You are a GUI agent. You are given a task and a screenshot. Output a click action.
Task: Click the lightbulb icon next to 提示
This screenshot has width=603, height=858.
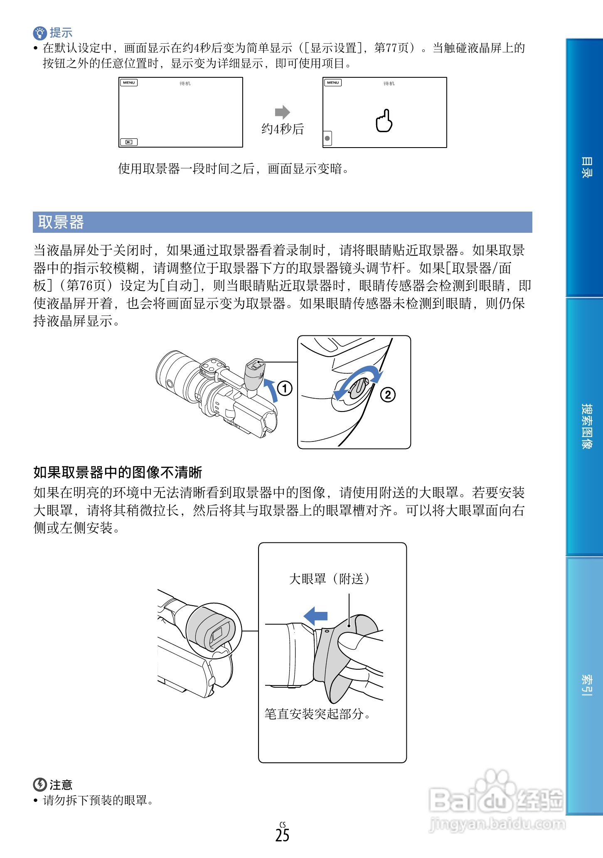coord(39,33)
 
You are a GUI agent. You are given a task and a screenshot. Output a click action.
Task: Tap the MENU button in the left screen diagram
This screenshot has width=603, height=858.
coord(129,83)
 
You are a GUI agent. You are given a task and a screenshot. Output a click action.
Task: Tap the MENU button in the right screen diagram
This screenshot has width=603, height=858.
coord(333,83)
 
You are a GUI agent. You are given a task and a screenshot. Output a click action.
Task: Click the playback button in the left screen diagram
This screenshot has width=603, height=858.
coord(129,142)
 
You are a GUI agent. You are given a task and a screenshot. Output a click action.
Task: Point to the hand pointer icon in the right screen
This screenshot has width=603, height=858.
coord(384,121)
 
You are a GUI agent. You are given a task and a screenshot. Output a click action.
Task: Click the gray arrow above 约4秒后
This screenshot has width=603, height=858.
coord(282,112)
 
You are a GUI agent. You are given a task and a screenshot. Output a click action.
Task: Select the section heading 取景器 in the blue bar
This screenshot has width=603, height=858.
coord(61,222)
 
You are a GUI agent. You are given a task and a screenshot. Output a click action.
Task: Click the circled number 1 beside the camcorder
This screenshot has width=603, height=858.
coord(285,389)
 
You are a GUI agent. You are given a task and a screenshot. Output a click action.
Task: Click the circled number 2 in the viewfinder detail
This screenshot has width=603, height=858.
coord(388,394)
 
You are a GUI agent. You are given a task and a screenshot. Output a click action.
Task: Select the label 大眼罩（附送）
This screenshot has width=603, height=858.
coord(329,579)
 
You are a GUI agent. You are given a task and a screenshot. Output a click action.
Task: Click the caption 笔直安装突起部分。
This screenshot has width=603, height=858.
coord(317,714)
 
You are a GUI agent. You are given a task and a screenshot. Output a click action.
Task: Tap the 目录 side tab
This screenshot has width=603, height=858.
coord(586,168)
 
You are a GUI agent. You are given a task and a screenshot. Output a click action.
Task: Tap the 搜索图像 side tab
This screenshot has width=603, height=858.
coord(586,426)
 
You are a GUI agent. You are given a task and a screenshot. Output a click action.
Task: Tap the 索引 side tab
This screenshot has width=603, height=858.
coord(586,685)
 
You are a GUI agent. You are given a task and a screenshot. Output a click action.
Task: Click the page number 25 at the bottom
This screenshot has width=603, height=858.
coord(282,835)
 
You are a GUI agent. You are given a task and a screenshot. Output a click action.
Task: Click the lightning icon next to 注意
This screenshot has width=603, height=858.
coord(39,784)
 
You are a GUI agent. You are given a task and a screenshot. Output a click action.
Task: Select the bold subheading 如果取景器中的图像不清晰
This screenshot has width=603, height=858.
coord(118,473)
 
